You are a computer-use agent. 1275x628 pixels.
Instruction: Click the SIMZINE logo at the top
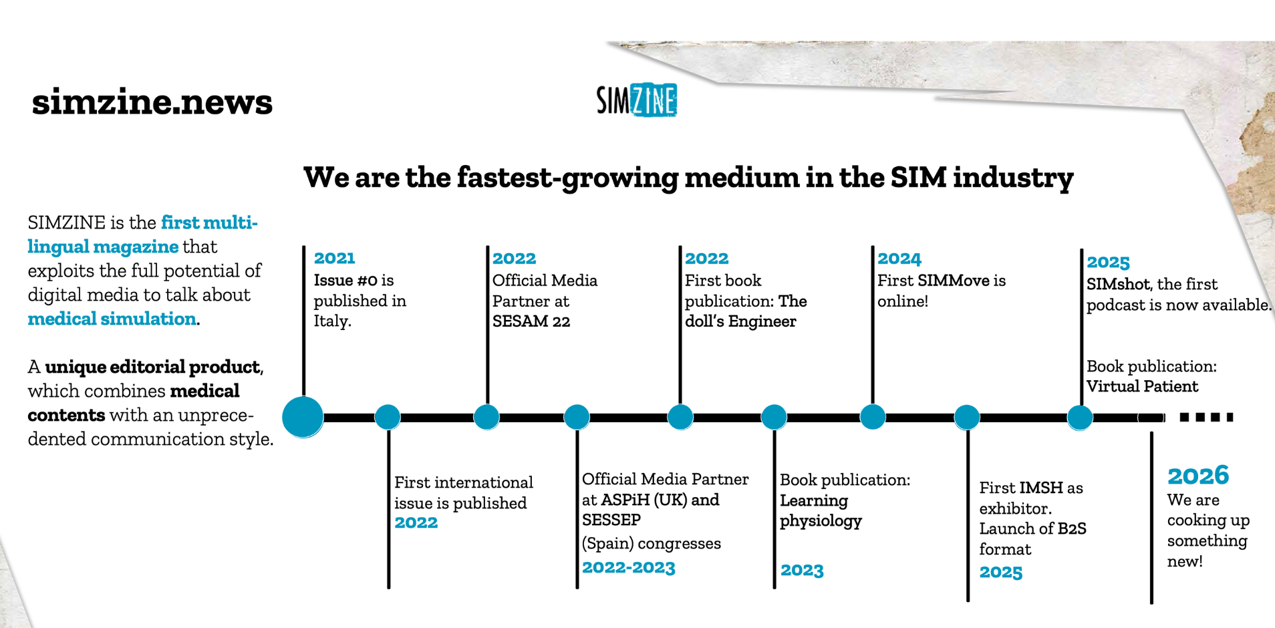click(636, 100)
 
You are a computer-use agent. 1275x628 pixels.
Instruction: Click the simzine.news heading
click(152, 102)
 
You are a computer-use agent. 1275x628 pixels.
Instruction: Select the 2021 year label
click(334, 258)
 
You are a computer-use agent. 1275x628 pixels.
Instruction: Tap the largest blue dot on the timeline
click(303, 417)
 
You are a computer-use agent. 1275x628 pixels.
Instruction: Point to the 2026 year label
click(1197, 476)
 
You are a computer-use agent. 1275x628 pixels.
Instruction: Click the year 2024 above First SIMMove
click(899, 259)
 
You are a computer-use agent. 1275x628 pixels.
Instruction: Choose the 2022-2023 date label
click(628, 568)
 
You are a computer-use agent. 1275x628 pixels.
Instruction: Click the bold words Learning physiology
click(821, 510)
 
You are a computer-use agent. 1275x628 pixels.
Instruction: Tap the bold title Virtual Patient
click(1141, 386)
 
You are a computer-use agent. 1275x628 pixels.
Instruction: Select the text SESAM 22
click(531, 321)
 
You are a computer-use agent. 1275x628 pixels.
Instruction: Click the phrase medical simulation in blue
click(112, 319)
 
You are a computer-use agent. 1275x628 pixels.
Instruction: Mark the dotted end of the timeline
click(1206, 417)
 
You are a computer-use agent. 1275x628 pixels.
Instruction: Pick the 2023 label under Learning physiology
click(802, 571)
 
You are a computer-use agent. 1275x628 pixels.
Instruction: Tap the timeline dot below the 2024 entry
click(872, 417)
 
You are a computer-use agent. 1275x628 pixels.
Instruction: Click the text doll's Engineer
click(740, 321)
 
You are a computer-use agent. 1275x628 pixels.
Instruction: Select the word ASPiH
click(625, 500)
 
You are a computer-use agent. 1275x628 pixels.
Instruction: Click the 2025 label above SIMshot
click(1107, 263)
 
